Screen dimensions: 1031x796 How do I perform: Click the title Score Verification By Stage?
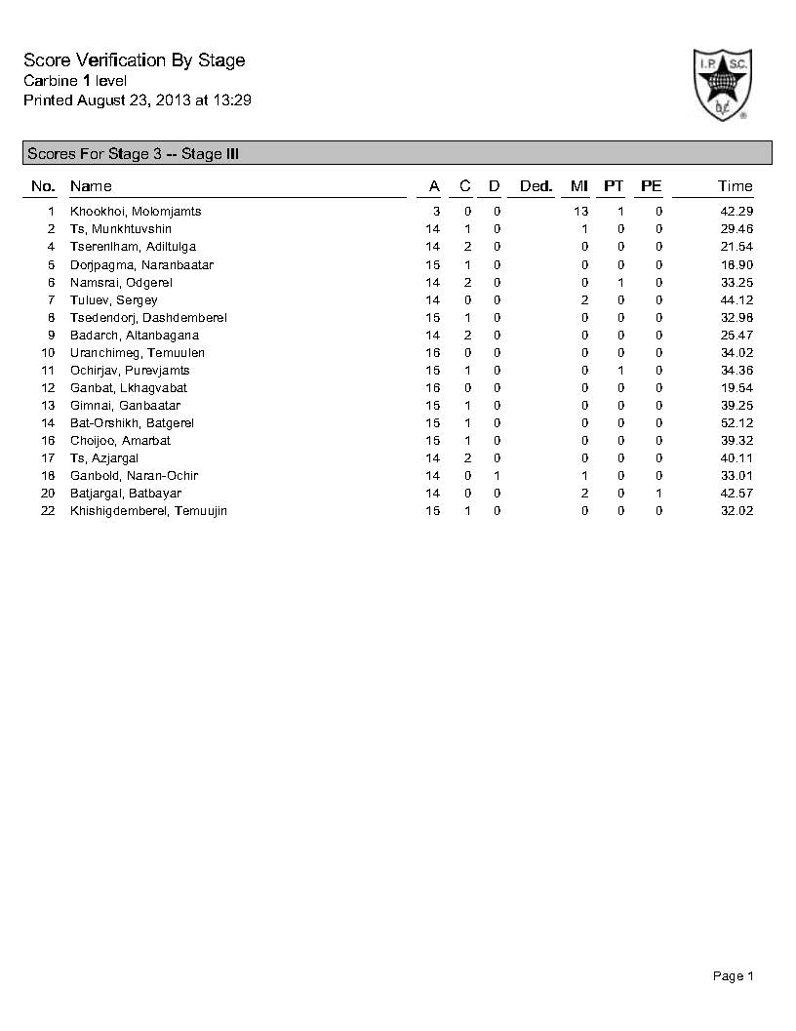tap(134, 60)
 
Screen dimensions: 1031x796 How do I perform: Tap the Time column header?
tap(735, 186)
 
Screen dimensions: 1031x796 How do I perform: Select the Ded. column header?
tap(536, 186)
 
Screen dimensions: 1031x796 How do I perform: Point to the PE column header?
tap(651, 186)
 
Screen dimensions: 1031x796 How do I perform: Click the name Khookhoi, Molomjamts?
tap(136, 212)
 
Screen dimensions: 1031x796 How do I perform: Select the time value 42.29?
tap(736, 212)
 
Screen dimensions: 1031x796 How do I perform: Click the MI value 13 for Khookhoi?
tap(581, 212)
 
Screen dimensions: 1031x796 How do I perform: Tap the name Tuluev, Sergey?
tap(113, 300)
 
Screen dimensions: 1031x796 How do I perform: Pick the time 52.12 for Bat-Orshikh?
tap(736, 423)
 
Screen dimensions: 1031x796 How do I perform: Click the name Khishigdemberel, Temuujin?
tap(148, 511)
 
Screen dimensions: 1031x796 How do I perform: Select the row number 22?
tap(48, 511)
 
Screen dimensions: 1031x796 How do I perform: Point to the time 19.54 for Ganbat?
tap(736, 388)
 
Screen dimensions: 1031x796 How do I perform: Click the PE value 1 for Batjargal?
tap(659, 494)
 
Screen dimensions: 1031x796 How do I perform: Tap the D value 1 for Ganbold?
tap(497, 476)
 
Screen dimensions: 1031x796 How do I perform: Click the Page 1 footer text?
tap(734, 976)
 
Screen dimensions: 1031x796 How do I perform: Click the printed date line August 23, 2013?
tap(138, 100)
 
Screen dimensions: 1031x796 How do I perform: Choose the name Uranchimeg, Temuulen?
tap(138, 353)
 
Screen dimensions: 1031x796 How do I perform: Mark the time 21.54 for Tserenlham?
tap(736, 247)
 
